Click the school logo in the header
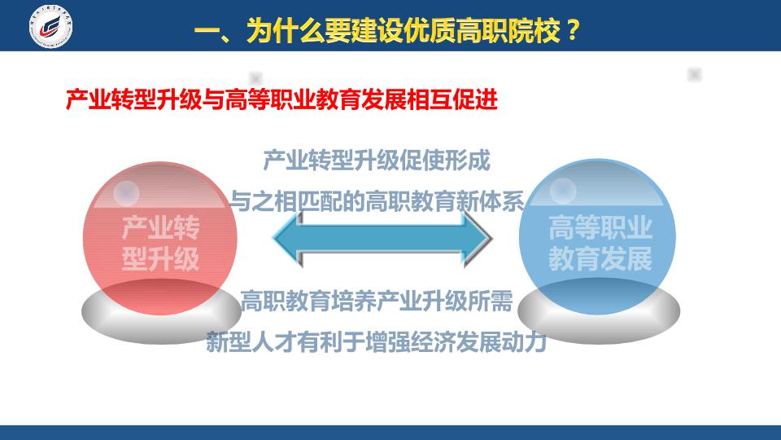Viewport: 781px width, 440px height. click(50, 26)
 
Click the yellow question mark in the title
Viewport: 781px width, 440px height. click(573, 30)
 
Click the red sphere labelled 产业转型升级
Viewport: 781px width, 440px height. click(160, 239)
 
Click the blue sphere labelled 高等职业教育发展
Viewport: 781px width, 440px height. click(598, 237)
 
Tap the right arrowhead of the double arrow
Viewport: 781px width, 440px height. click(478, 239)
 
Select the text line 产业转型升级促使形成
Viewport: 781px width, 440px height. click(377, 161)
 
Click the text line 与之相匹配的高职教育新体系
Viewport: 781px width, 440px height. click(377, 201)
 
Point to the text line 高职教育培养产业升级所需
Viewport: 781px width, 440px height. click(377, 301)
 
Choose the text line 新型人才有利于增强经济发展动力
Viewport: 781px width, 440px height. click(377, 341)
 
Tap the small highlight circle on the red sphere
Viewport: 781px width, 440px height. click(126, 193)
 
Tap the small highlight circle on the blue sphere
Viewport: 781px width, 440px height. click(563, 191)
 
